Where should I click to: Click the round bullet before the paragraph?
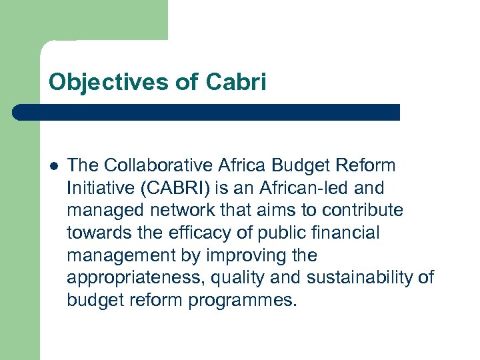(53, 165)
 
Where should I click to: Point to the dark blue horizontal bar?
(207, 112)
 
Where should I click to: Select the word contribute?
(363, 210)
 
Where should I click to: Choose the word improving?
(247, 255)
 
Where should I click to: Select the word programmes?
(241, 301)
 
